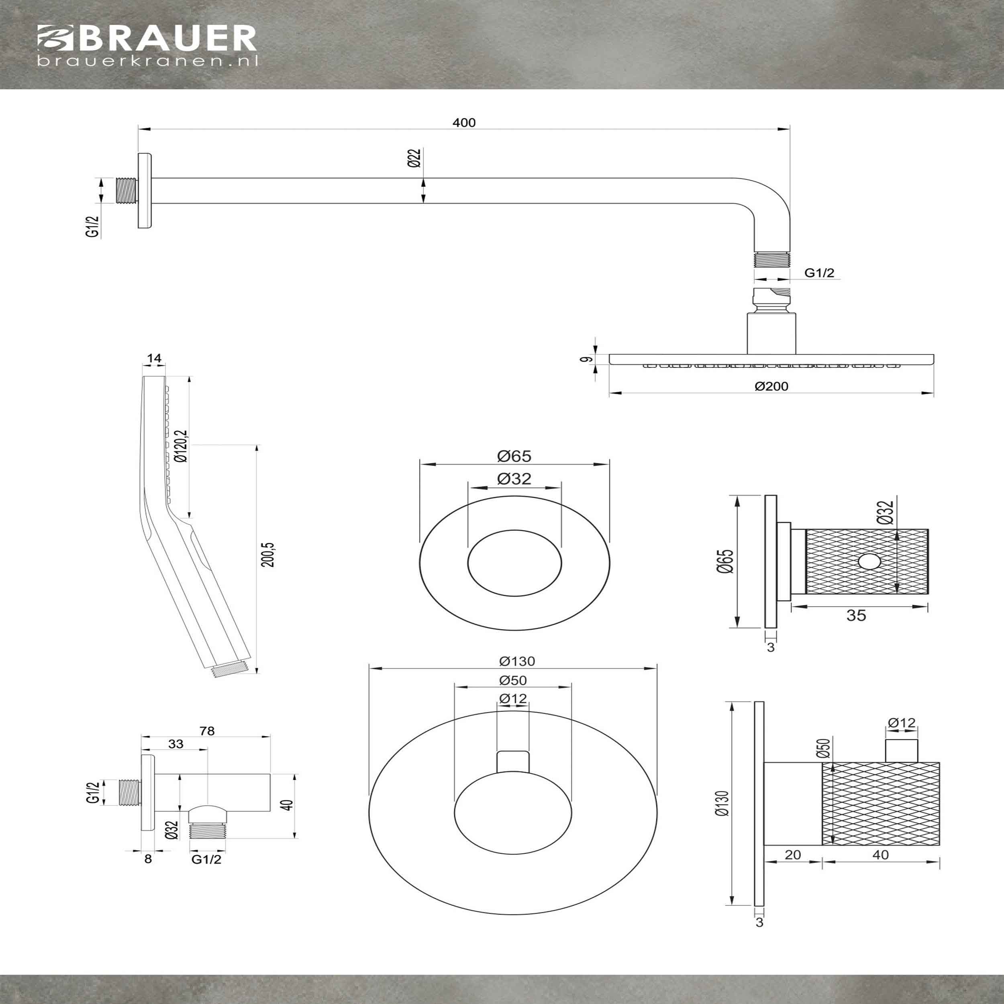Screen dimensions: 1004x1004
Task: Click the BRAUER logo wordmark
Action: [147, 38]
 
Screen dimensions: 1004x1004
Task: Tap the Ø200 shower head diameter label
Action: [772, 386]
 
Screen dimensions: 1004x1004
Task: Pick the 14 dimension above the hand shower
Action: [154, 358]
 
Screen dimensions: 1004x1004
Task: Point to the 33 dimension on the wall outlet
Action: [175, 744]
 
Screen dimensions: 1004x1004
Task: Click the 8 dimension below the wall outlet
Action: [148, 859]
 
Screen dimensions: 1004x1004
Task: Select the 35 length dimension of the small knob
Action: [857, 615]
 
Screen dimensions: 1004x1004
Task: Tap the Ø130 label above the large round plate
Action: [517, 661]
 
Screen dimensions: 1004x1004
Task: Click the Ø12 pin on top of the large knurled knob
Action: [902, 751]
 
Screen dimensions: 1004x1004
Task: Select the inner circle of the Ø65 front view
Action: [514, 563]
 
